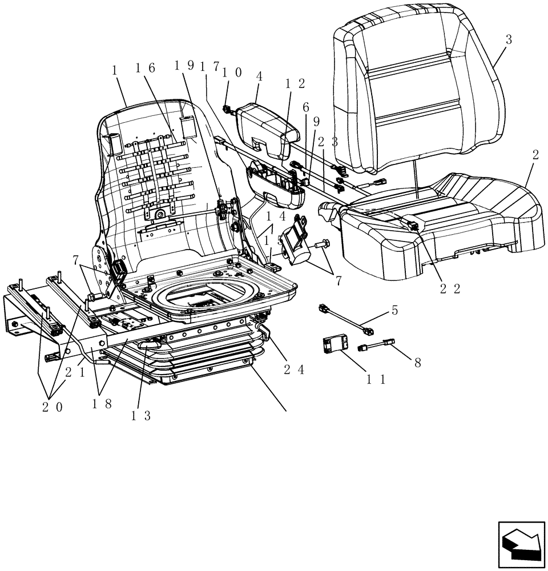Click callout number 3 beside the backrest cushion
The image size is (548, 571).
509,40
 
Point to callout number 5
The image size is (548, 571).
394,311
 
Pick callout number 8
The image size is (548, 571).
417,362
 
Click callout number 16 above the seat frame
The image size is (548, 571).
145,69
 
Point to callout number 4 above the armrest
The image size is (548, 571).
259,75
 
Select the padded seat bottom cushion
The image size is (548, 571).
445,223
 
